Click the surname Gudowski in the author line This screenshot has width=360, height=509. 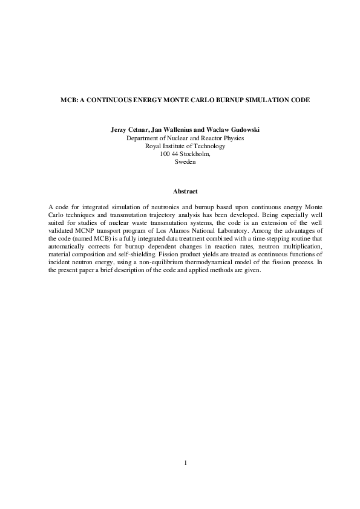(x=242, y=130)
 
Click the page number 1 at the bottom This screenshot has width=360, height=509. (x=185, y=463)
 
